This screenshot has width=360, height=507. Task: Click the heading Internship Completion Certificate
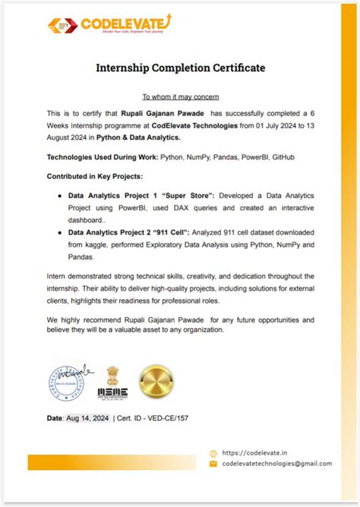click(x=180, y=68)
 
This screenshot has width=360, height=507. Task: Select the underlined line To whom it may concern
click(x=180, y=97)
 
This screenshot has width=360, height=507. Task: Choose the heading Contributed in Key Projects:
click(x=94, y=176)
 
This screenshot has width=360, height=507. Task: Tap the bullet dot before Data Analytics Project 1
click(x=60, y=196)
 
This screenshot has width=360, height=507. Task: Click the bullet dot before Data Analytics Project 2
click(x=60, y=233)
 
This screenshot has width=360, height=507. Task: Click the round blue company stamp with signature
click(x=71, y=381)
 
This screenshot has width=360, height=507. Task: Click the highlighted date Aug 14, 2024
click(x=88, y=418)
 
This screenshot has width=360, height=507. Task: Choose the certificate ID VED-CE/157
click(x=172, y=418)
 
